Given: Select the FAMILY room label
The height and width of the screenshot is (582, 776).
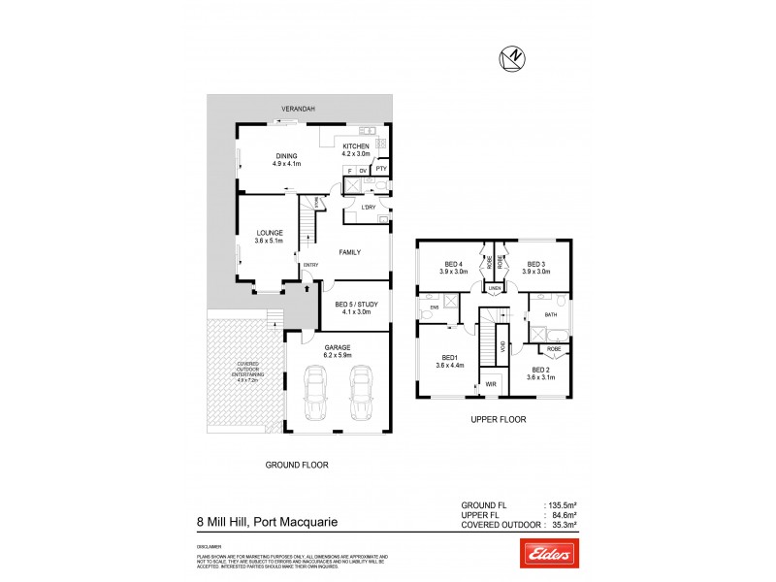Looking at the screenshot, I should [x=349, y=252].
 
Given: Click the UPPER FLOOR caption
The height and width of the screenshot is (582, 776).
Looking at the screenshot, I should [x=499, y=420].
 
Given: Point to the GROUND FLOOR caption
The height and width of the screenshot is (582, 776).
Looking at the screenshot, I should [x=297, y=465].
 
